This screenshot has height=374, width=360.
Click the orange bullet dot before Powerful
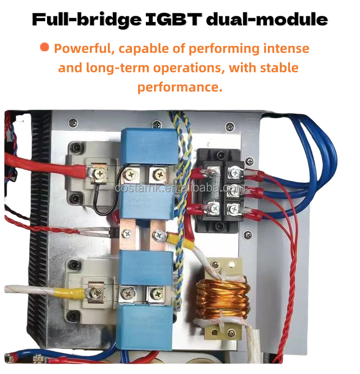(x=45, y=47)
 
